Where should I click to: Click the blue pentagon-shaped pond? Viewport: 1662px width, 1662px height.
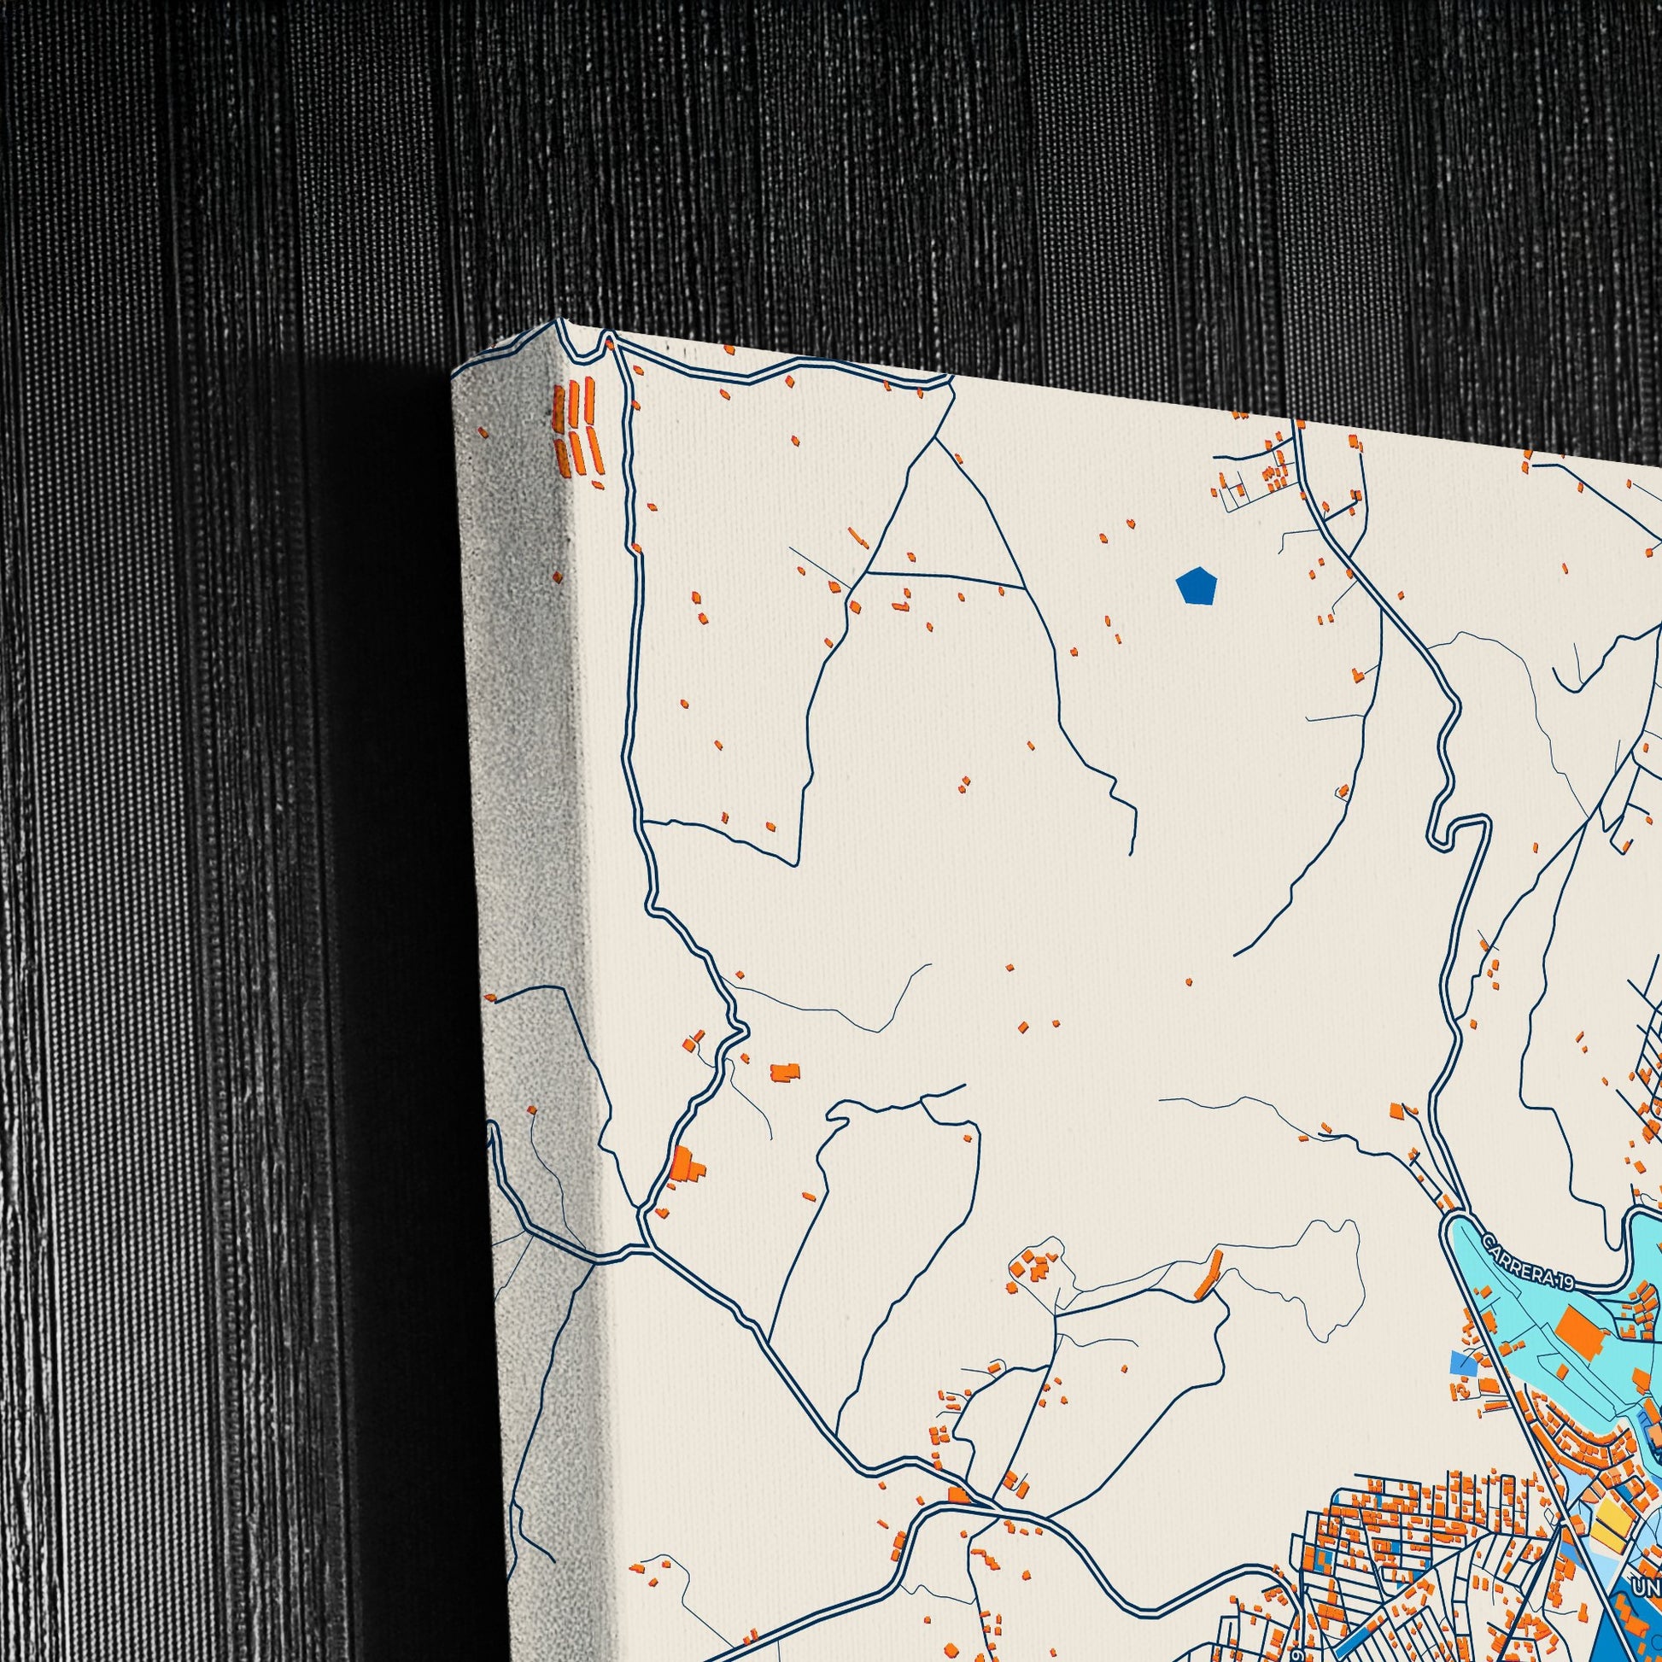point(1196,586)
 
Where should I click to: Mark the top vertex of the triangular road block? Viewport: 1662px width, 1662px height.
point(934,442)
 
